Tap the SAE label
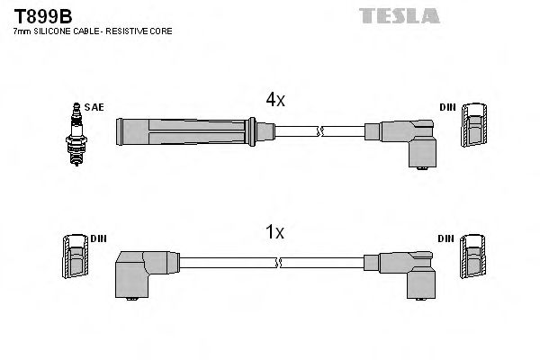[95, 107]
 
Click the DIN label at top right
[447, 107]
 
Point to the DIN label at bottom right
[447, 238]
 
